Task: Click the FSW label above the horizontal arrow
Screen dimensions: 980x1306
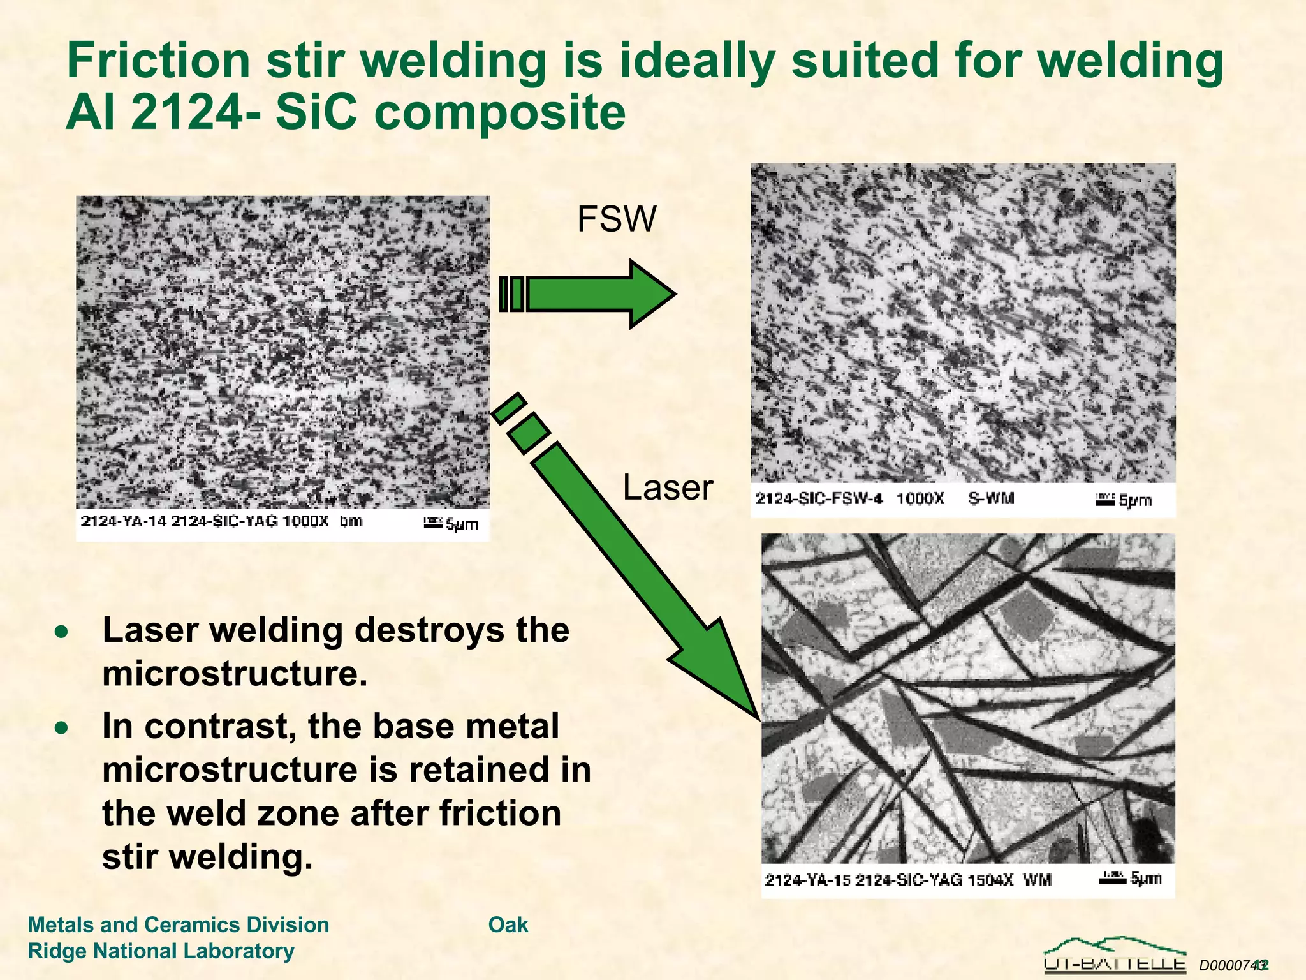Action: coord(616,219)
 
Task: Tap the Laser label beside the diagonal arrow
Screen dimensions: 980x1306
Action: coord(667,488)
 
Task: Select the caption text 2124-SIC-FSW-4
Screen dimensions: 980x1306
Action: coord(819,498)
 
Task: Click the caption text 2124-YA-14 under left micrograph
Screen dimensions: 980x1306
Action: coord(123,521)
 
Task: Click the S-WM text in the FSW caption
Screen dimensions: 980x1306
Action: coord(990,498)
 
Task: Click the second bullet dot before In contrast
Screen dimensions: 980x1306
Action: coord(61,728)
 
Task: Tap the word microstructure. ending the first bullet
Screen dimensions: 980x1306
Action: coord(235,674)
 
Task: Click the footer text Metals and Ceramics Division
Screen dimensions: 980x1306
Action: coord(179,924)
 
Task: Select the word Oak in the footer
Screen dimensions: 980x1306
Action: coord(508,924)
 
